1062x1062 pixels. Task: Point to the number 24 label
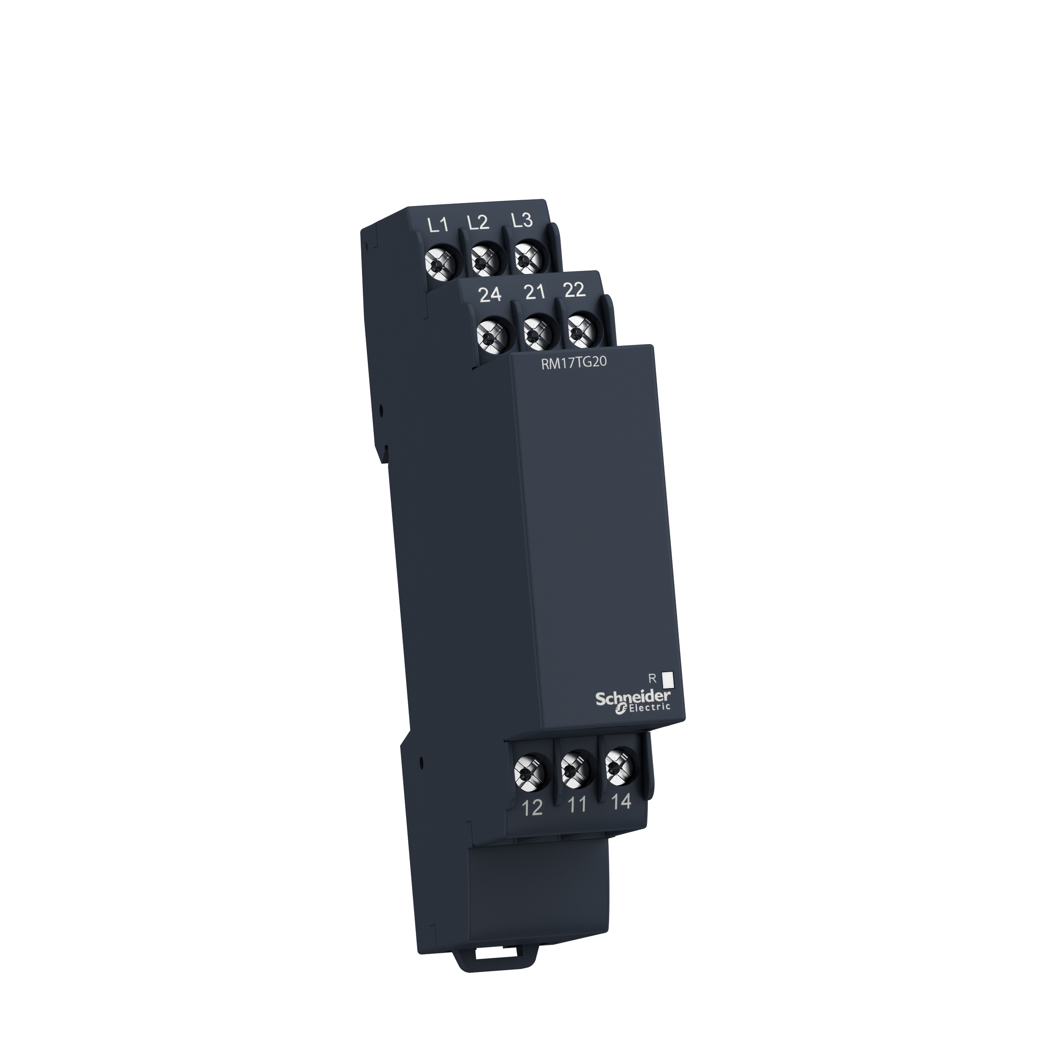pos(490,295)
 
